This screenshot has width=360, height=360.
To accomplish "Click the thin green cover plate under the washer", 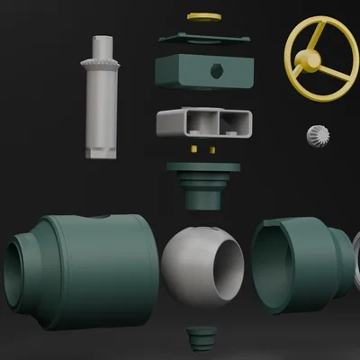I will pyautogui.click(x=203, y=39).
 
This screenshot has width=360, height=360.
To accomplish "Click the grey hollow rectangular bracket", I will pyautogui.click(x=203, y=122).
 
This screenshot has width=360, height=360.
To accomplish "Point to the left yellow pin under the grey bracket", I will pyautogui.click(x=195, y=145).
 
